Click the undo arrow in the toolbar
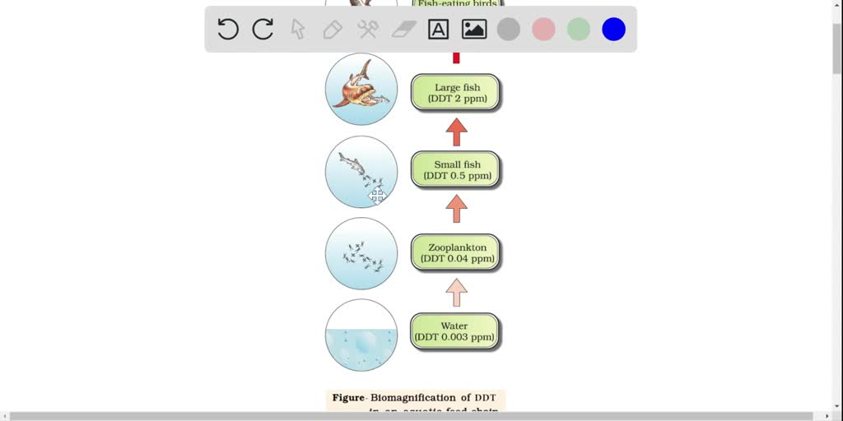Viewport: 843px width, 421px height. (x=228, y=30)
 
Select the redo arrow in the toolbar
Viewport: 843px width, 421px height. (x=263, y=30)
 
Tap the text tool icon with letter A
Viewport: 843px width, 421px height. (x=438, y=30)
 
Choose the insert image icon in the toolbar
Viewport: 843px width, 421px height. (x=474, y=30)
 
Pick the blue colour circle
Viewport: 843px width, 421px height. (x=613, y=30)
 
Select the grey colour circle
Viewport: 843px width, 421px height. (x=509, y=30)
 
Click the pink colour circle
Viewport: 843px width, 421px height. (x=543, y=30)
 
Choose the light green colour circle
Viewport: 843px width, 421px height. (x=579, y=30)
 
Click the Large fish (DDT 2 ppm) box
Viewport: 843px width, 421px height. (x=455, y=93)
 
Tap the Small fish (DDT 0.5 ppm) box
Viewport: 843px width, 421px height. (x=455, y=170)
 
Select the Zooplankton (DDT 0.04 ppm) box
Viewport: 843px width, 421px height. (x=455, y=252)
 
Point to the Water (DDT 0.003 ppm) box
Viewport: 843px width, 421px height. (x=454, y=331)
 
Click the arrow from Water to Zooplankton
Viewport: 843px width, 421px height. (x=456, y=292)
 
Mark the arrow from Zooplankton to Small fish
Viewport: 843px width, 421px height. (x=456, y=209)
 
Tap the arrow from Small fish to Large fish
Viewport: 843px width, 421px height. (x=456, y=132)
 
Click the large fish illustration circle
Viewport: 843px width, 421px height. (x=361, y=90)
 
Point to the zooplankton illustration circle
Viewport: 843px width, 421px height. (x=361, y=253)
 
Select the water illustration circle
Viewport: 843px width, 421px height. (x=361, y=335)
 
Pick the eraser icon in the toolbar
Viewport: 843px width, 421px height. (x=403, y=30)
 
